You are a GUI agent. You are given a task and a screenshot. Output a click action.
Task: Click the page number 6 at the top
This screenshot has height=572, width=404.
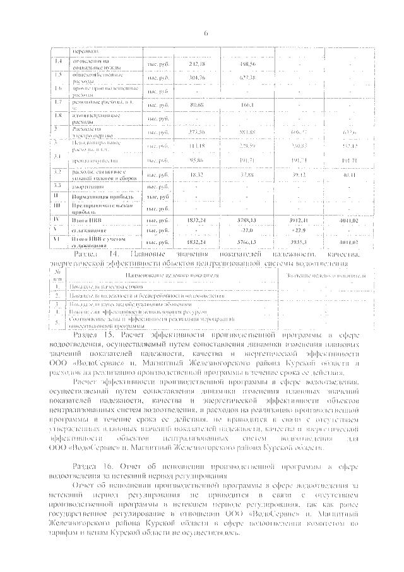click(206, 33)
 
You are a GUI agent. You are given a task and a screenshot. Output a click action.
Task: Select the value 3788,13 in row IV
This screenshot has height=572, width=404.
click(247, 221)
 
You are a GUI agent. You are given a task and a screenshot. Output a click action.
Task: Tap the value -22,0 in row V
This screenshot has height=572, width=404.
click(247, 230)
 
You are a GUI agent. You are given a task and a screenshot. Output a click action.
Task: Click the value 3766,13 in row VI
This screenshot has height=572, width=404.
click(247, 241)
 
